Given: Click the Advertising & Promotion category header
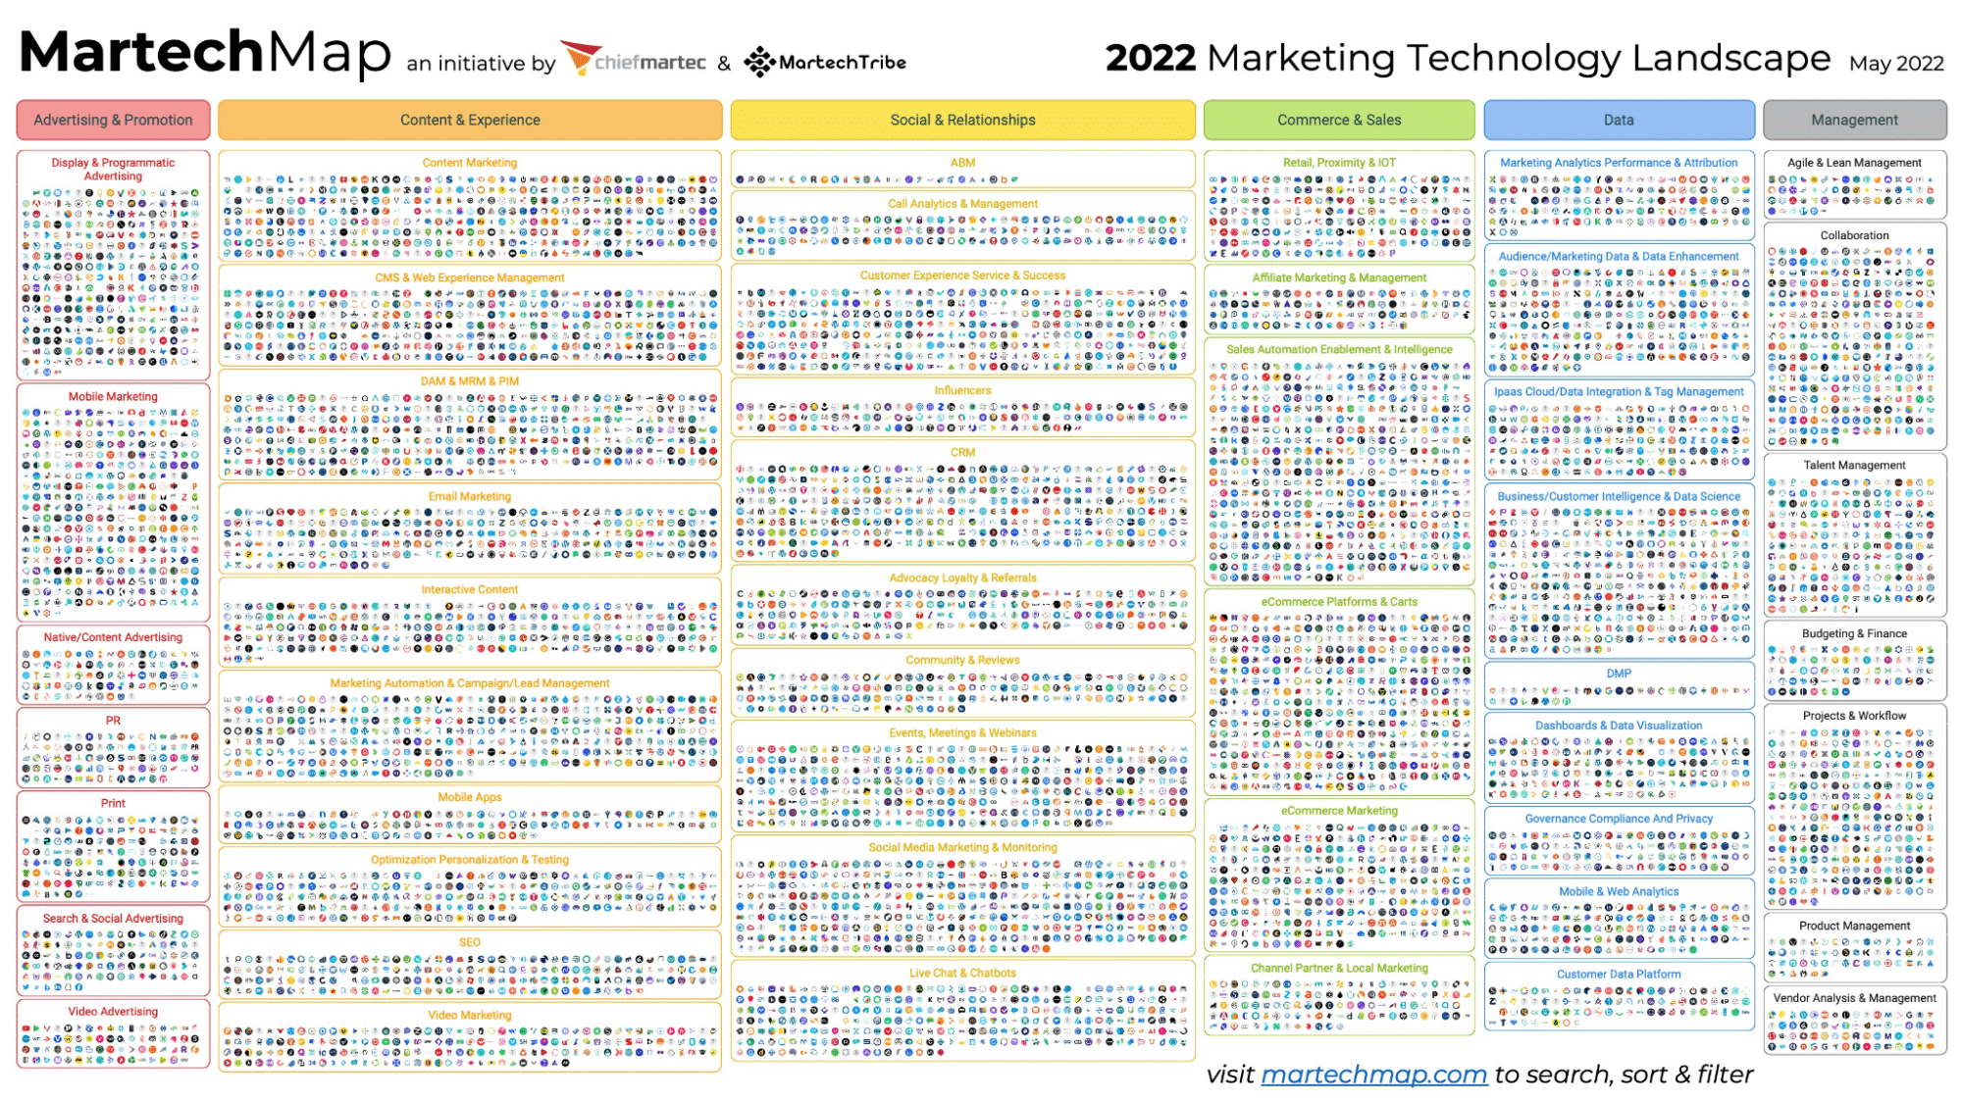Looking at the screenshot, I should [x=113, y=120].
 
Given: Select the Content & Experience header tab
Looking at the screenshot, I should [x=470, y=120].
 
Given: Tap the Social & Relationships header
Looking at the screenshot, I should [x=962, y=120].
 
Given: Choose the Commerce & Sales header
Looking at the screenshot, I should [x=1339, y=120].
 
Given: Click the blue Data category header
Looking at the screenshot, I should [x=1619, y=120].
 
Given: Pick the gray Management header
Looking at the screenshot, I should [x=1854, y=120].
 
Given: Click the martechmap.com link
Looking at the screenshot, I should [x=1373, y=1075].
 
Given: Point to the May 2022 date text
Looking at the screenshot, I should [x=1896, y=63].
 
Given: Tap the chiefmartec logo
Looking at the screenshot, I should [x=634, y=61].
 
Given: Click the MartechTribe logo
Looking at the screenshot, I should [x=825, y=62].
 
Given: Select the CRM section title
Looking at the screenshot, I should [x=962, y=452].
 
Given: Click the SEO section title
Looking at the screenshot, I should [x=470, y=942].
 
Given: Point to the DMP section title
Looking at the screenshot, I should [x=1619, y=674].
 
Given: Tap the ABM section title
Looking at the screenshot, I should [x=962, y=163].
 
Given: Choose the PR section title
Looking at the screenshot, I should [x=113, y=721].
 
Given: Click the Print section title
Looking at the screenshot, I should [x=113, y=803].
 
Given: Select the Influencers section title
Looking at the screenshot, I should [x=962, y=390].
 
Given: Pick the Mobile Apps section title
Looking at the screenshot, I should [x=470, y=797].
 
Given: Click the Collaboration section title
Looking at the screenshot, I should [x=1854, y=235].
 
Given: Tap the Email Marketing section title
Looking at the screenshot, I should [x=470, y=496].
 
